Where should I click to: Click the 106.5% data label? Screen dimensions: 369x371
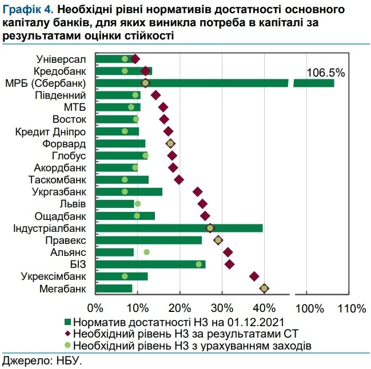pyautogui.click(x=326, y=73)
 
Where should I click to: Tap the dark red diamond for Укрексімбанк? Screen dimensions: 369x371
pyautogui.click(x=254, y=276)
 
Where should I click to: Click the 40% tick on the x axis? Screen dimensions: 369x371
pyautogui.click(x=264, y=309)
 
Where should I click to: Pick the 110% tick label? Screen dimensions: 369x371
pyautogui.click(x=352, y=309)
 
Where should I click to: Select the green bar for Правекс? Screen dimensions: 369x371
pyautogui.click(x=149, y=240)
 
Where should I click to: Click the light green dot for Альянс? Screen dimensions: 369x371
pyautogui.click(x=147, y=252)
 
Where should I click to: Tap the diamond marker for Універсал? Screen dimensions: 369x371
pyautogui.click(x=135, y=58)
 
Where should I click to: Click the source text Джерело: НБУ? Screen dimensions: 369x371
pyautogui.click(x=42, y=360)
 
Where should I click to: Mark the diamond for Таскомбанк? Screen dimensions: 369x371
pyautogui.click(x=179, y=179)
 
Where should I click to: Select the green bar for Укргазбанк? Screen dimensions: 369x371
pyautogui.click(x=129, y=191)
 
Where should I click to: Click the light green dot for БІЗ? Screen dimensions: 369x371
pyautogui.click(x=199, y=264)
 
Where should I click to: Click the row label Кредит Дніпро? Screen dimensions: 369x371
pyautogui.click(x=51, y=131)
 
